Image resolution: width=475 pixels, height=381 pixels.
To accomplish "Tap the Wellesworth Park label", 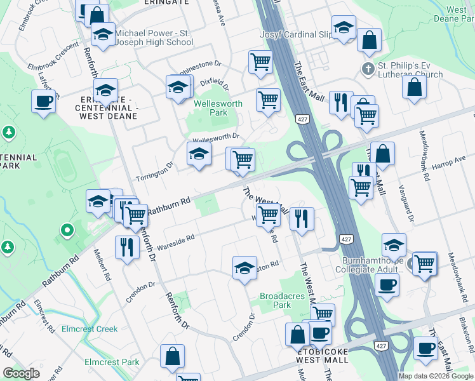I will [210, 108].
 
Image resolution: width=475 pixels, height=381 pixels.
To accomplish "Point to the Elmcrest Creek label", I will [90, 329].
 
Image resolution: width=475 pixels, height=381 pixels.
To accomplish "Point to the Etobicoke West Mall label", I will [322, 355].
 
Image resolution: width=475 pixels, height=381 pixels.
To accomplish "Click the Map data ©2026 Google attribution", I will [435, 375].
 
